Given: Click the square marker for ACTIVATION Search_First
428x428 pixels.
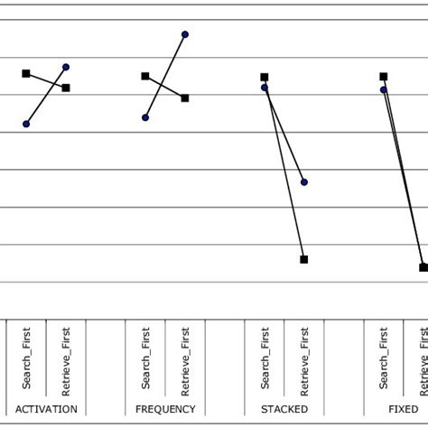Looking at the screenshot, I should point(26,73).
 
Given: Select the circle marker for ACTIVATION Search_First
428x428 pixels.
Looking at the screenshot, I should point(26,124).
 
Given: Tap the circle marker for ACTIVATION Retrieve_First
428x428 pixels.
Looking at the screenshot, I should point(66,67).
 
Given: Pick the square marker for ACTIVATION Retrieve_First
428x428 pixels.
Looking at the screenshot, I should point(66,88).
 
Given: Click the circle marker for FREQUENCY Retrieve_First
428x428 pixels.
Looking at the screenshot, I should point(185,34).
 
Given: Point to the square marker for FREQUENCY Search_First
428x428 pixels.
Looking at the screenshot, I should point(145,76).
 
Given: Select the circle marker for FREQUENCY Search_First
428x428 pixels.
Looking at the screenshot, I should point(145,117).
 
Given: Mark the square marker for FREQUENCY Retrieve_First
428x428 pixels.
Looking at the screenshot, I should point(185,98).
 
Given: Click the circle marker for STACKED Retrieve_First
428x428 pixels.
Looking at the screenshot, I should point(304,181).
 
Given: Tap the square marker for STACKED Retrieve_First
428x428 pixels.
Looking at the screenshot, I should point(304,259).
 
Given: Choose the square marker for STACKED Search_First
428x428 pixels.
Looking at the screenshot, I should point(265,78).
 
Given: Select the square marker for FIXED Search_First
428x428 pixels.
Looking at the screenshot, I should point(384,77).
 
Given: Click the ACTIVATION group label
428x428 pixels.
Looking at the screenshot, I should point(46,409).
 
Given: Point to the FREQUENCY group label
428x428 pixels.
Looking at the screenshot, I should point(165,409).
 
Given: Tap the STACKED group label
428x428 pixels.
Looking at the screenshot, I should point(284,409).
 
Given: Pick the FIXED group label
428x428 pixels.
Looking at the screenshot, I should point(403,409).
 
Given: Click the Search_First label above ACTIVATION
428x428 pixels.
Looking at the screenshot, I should point(27,359).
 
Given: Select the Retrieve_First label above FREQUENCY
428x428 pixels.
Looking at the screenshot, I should point(186,359).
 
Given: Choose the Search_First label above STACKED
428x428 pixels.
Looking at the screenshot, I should point(265,359).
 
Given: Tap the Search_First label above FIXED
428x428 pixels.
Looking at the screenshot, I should point(385,359).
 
